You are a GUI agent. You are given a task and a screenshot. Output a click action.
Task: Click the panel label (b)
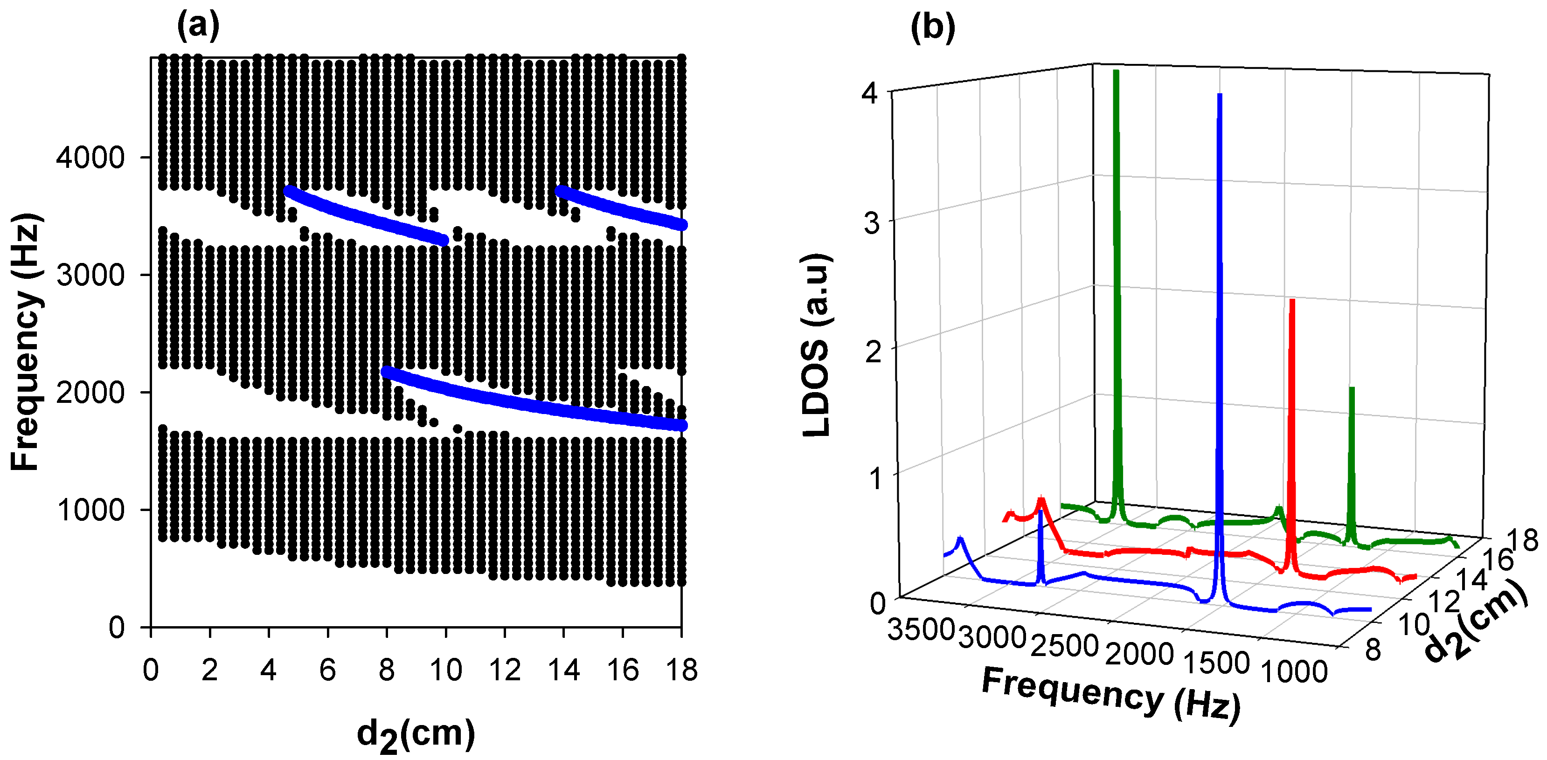(x=933, y=27)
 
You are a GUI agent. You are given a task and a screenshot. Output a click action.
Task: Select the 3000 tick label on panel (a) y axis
(x=90, y=275)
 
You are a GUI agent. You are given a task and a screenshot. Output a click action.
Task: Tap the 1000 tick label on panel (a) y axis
(x=90, y=510)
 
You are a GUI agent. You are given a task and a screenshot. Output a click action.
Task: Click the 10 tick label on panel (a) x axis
(x=445, y=670)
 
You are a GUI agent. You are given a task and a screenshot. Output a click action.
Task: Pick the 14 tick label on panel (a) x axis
(x=563, y=670)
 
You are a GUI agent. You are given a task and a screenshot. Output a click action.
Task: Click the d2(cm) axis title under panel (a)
(x=416, y=735)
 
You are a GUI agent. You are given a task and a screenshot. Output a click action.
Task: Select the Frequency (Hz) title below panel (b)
(x=1111, y=695)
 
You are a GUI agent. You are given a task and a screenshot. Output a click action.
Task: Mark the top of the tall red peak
(x=1292, y=301)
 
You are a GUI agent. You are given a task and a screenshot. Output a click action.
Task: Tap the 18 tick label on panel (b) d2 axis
(x=1523, y=540)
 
